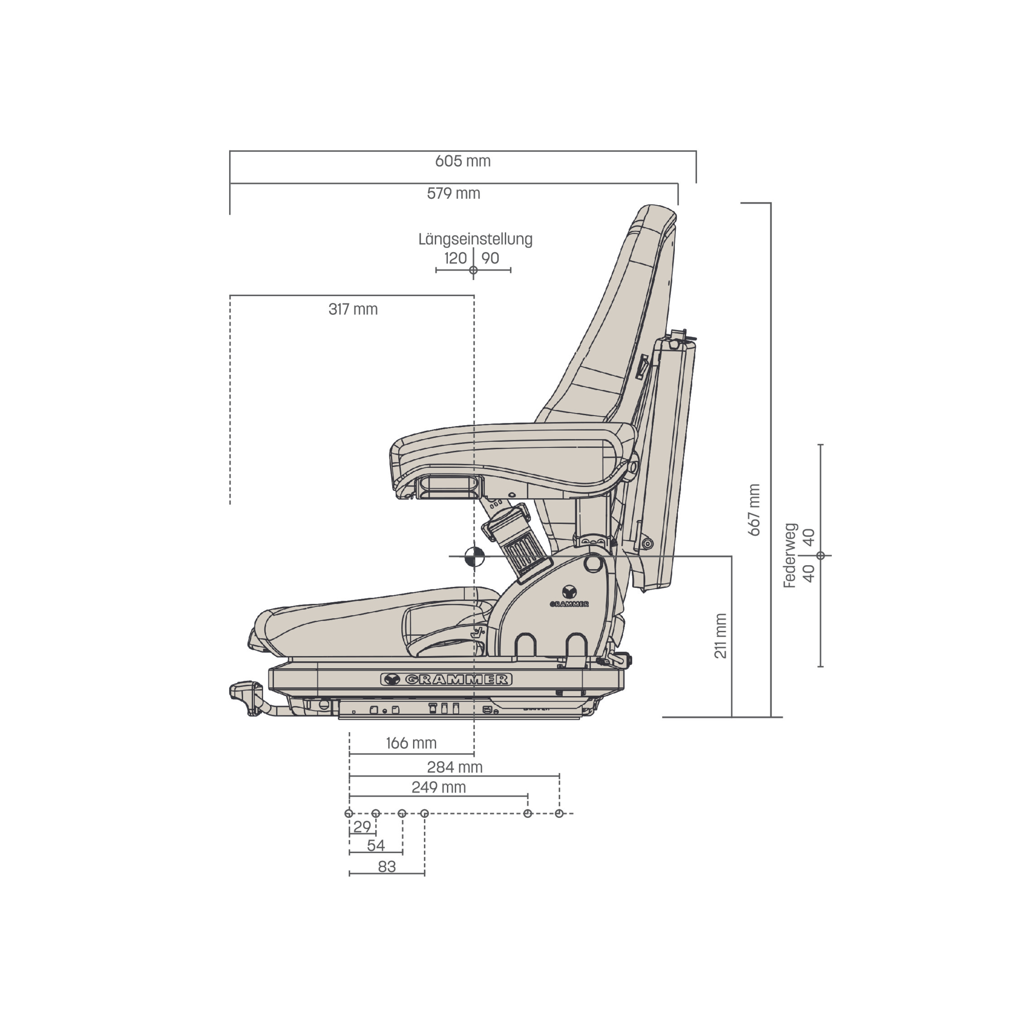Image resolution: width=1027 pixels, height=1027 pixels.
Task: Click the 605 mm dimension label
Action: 462,161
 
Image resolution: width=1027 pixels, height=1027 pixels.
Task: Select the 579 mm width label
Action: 453,193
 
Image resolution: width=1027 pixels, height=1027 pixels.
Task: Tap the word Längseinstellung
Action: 475,240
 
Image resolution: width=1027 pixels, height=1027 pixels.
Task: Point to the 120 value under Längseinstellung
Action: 456,259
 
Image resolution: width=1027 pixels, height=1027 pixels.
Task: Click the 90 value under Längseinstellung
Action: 490,259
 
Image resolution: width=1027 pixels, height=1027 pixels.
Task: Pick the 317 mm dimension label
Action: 353,309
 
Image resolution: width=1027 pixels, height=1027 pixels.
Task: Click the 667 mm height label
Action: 754,510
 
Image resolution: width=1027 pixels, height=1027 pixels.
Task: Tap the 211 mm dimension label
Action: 720,636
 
